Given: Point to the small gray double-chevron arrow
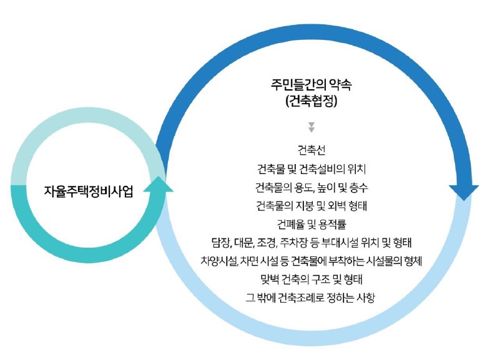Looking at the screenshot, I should coord(311,127).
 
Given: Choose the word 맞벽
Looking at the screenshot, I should coord(270,278).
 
